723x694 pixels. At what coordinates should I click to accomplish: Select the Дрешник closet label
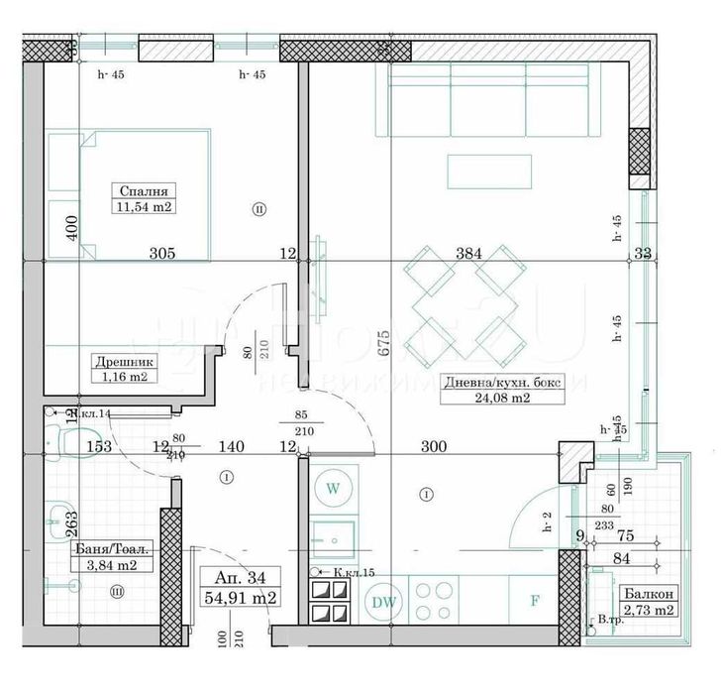[x=122, y=362]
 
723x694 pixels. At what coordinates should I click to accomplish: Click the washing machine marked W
[x=333, y=488]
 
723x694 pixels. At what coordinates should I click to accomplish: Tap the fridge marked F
[x=536, y=601]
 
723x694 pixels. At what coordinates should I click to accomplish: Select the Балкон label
[x=649, y=593]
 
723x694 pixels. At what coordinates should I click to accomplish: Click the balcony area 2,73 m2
[x=649, y=609]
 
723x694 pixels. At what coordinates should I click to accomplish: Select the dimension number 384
[x=467, y=253]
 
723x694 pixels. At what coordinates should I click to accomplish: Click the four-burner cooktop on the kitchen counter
[x=432, y=599]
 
